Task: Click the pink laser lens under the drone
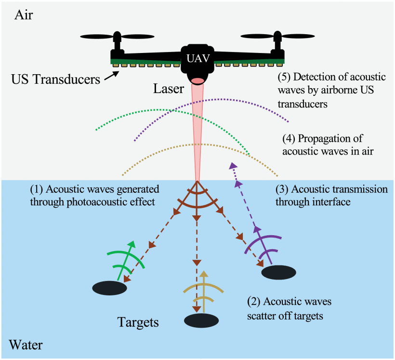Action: point(197,80)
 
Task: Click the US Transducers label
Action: point(55,79)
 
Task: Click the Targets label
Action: point(138,321)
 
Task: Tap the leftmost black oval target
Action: point(109,288)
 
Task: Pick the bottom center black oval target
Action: point(201,320)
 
